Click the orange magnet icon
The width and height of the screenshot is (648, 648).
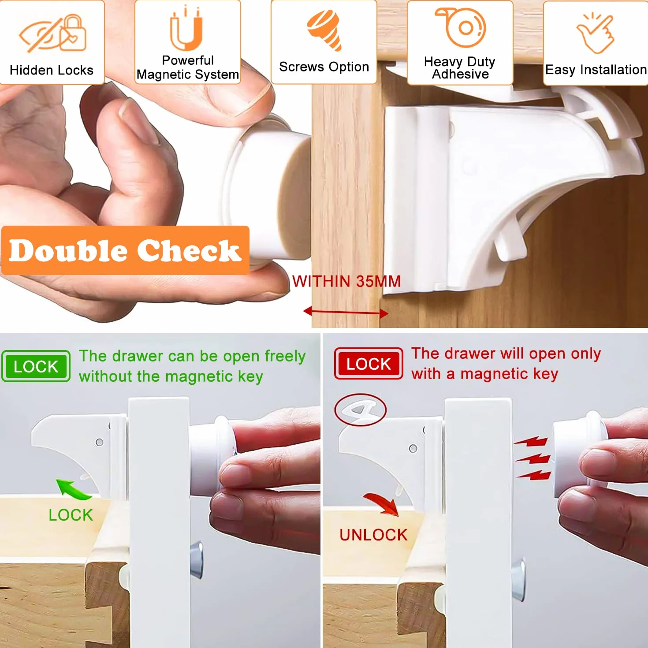pyautogui.click(x=186, y=29)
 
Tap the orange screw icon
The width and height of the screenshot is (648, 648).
pyautogui.click(x=324, y=30)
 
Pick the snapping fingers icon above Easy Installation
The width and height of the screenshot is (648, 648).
pyautogui.click(x=595, y=33)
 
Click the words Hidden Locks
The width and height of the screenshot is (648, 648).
pyautogui.click(x=52, y=70)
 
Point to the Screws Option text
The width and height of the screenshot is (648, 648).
pyautogui.click(x=324, y=67)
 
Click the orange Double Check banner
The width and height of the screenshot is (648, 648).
pyautogui.click(x=125, y=250)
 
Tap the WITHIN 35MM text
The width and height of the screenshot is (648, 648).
pyautogui.click(x=346, y=282)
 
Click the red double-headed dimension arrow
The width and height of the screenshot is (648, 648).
pyautogui.click(x=346, y=313)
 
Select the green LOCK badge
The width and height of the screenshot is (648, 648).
pyautogui.click(x=36, y=366)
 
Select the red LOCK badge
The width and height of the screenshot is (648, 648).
pyautogui.click(x=369, y=364)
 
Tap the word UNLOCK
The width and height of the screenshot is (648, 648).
pyautogui.click(x=373, y=535)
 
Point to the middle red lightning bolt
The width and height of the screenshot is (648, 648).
pyautogui.click(x=533, y=458)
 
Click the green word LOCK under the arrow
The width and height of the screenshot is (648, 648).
pyautogui.click(x=71, y=515)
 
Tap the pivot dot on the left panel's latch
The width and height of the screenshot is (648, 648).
pyautogui.click(x=99, y=442)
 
